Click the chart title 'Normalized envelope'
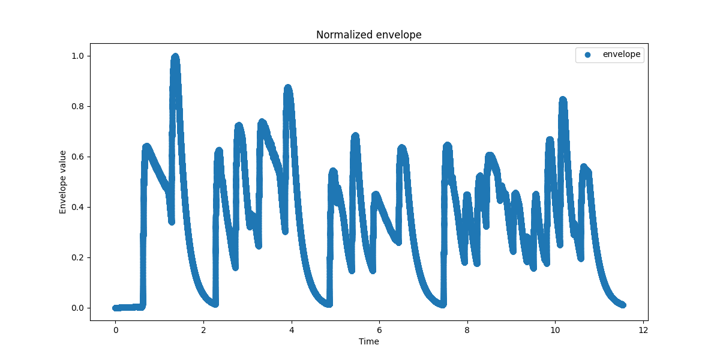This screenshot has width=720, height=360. pos(368,35)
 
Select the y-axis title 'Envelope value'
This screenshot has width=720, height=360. pos(62,182)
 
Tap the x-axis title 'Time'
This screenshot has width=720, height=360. pos(368,342)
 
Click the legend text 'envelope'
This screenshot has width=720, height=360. pos(622,55)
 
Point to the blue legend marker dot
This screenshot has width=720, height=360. pos(587,55)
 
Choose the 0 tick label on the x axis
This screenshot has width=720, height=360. pos(115,330)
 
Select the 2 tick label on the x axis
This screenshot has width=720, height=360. pos(203,330)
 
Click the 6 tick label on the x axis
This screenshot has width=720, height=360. pos(379,330)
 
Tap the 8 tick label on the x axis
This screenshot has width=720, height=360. pos(467,330)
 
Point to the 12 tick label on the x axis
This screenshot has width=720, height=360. pos(643,330)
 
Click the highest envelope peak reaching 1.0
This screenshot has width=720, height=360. pos(175,57)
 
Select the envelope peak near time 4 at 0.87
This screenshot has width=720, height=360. pos(288,89)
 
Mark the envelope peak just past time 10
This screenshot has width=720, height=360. pos(563,100)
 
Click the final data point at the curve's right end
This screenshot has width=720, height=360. pos(622,305)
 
